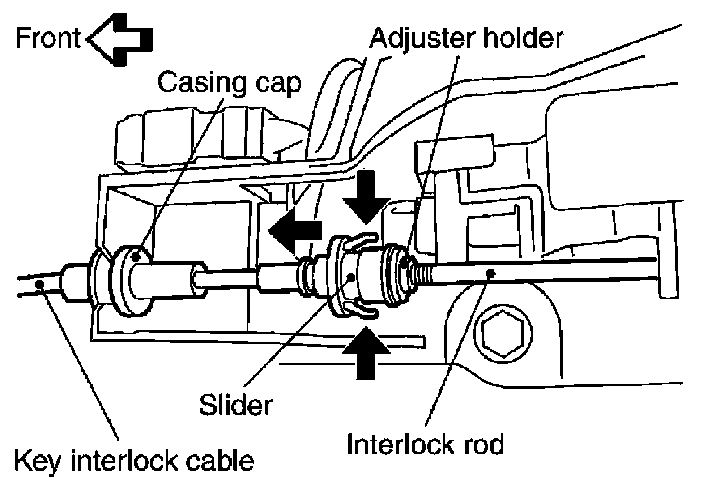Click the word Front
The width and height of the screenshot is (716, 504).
click(47, 38)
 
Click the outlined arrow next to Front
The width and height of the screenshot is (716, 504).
click(120, 39)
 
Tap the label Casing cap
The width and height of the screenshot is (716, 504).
click(229, 83)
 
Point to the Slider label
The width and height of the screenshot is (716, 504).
click(235, 406)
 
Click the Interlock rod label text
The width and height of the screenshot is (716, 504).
click(425, 444)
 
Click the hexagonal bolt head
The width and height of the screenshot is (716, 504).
click(503, 334)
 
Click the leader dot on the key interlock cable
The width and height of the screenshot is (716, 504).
click(40, 283)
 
